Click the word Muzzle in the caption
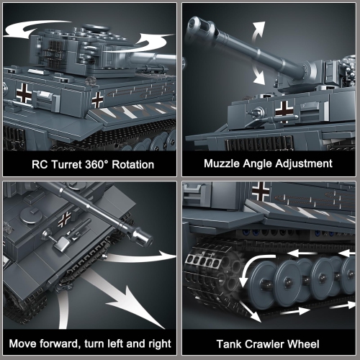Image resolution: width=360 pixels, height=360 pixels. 224,164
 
